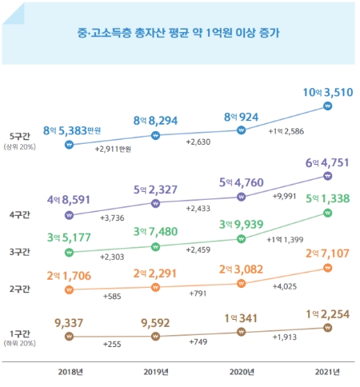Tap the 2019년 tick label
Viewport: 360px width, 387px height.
coord(155,372)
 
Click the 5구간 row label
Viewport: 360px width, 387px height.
coord(17,136)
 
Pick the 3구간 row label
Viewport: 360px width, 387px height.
coord(17,252)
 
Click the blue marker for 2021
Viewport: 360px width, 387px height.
coord(326,105)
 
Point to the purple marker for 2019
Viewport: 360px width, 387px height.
coord(155,204)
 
